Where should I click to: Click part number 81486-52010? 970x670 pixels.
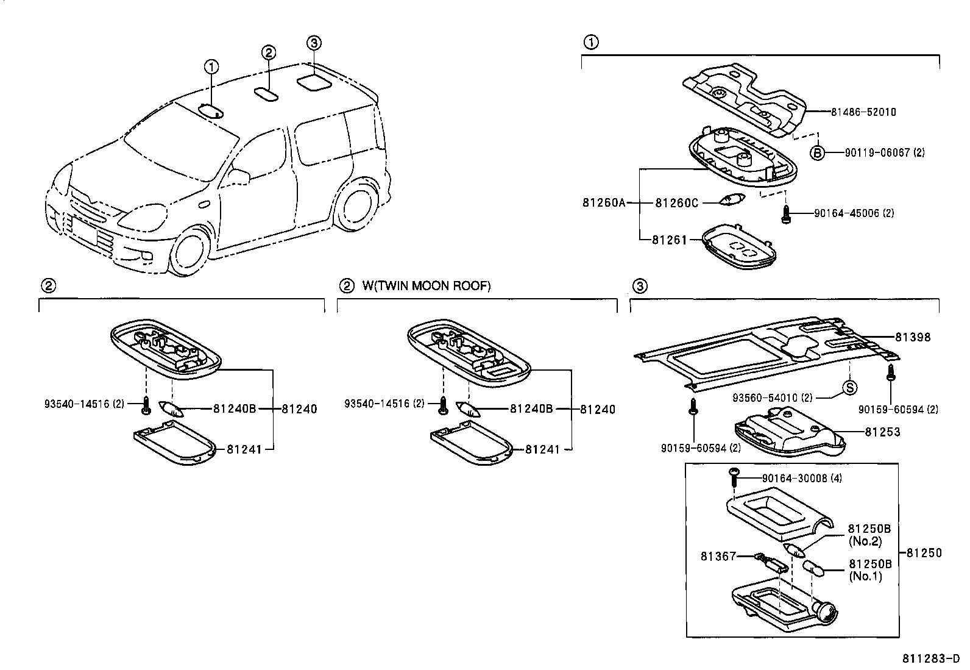(863, 112)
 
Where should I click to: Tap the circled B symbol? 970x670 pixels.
(817, 152)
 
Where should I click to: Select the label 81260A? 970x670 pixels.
(604, 202)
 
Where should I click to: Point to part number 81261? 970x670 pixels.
(670, 240)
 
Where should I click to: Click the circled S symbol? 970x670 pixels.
(849, 388)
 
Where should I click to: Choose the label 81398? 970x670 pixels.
(913, 337)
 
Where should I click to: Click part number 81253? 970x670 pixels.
(882, 432)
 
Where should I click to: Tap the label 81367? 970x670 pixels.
(718, 556)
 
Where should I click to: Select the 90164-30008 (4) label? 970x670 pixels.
(802, 479)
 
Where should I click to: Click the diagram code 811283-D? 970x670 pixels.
(931, 659)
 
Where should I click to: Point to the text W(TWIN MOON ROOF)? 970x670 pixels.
(427, 286)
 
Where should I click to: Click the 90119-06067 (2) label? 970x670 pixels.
(885, 152)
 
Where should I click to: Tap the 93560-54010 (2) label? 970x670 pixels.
(773, 398)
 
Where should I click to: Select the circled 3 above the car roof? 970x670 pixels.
(314, 43)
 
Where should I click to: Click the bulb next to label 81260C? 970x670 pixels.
(732, 199)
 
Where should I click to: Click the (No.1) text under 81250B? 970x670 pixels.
(865, 576)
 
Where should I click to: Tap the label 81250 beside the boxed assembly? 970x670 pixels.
(924, 553)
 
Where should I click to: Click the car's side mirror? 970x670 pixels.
(239, 176)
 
